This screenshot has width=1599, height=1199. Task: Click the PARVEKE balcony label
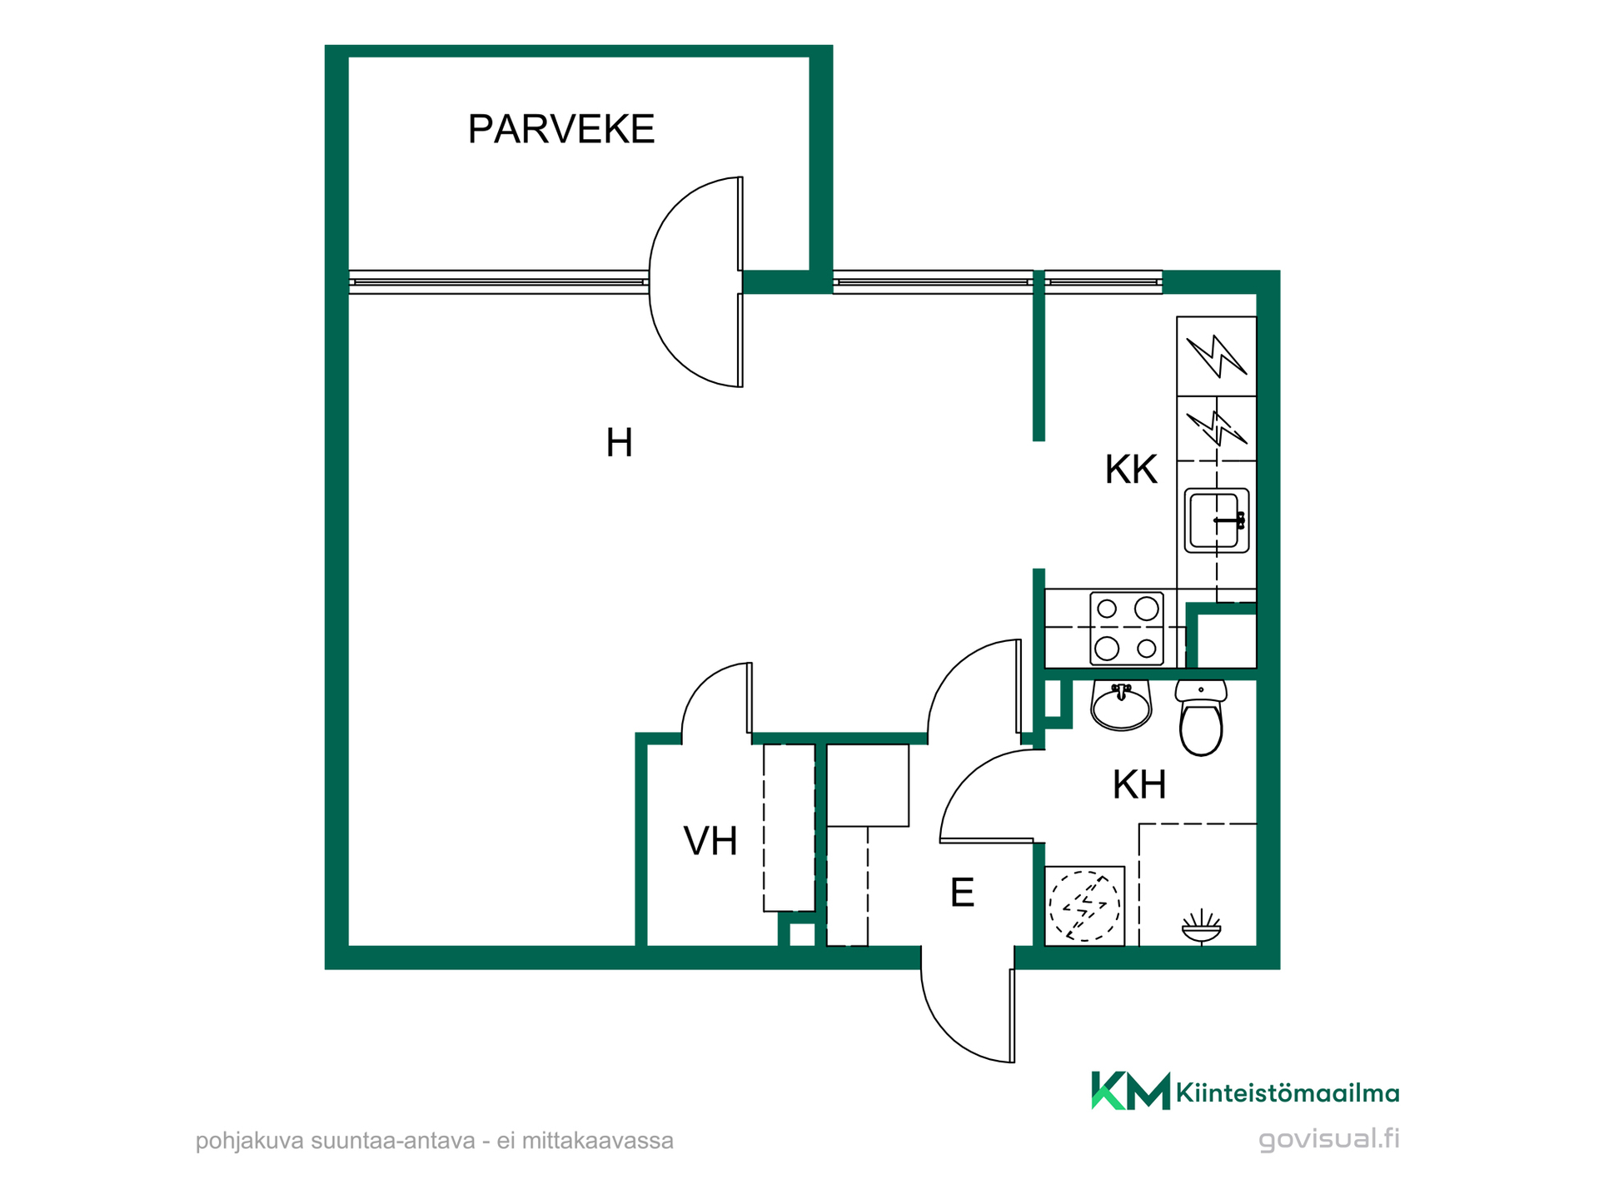tap(561, 129)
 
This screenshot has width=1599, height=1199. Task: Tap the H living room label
tap(619, 443)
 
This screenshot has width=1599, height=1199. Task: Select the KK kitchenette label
tap(1131, 470)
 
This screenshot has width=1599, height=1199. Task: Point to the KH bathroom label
tap(1139, 784)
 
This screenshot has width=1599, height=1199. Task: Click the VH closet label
tap(710, 841)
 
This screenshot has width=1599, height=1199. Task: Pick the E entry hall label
tap(962, 893)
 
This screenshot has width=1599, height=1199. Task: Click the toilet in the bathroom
tap(1201, 717)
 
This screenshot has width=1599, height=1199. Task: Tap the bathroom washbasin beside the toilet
tap(1121, 705)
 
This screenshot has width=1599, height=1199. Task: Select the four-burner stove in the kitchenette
tap(1127, 629)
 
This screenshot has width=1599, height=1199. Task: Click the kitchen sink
tap(1217, 520)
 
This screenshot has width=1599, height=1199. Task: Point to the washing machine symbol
tap(1083, 906)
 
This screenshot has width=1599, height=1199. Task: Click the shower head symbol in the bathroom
tap(1201, 927)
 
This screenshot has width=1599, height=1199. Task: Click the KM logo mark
tap(1130, 1091)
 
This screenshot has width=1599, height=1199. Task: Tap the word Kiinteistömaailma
tap(1288, 1092)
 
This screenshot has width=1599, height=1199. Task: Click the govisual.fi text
tap(1329, 1139)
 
